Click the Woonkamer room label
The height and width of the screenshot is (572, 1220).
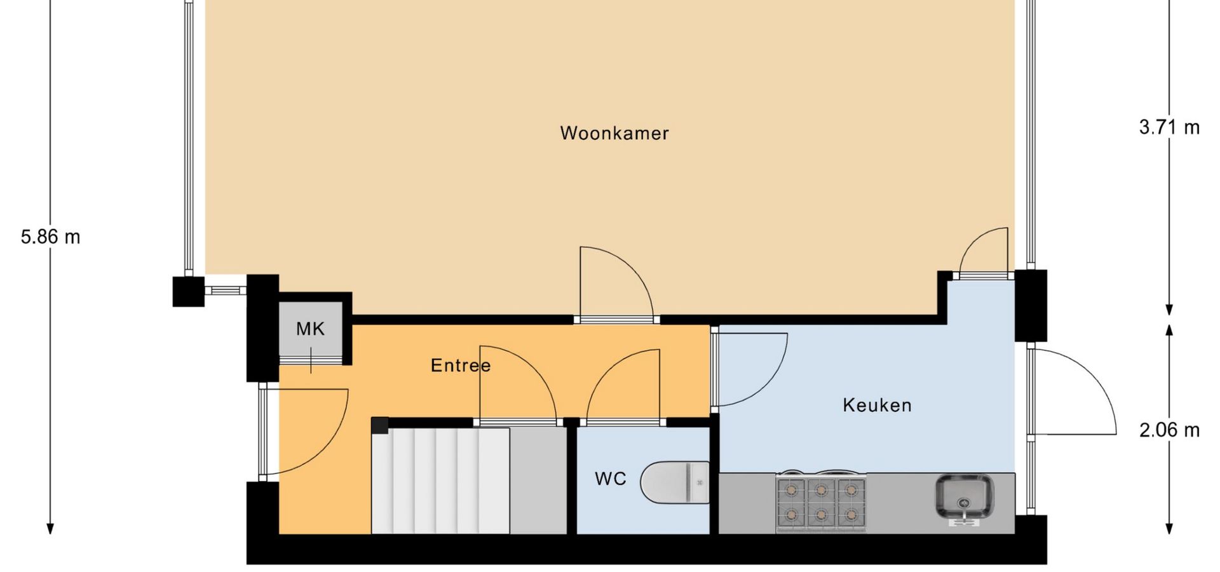click(x=614, y=133)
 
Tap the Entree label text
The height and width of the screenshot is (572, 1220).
click(x=461, y=365)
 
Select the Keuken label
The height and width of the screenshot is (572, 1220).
click(x=877, y=405)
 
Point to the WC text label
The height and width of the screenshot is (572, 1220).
click(x=611, y=479)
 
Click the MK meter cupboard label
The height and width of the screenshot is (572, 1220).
click(x=310, y=329)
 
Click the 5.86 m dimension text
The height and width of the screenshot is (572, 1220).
click(x=51, y=237)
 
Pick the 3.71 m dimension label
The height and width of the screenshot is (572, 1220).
click(x=1169, y=127)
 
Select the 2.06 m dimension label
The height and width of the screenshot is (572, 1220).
click(x=1169, y=430)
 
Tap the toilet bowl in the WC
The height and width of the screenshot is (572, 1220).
click(x=675, y=482)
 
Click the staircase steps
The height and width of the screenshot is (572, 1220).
click(x=440, y=480)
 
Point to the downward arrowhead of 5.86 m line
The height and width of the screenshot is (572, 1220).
click(x=51, y=529)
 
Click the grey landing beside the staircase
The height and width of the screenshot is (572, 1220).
click(x=538, y=480)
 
